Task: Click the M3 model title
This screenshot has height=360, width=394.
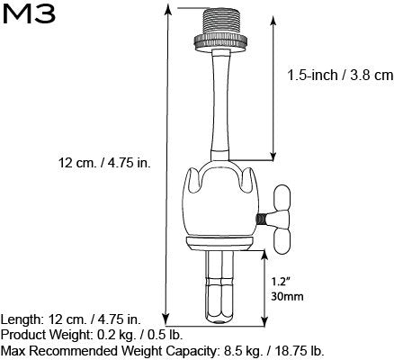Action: tap(31, 20)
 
